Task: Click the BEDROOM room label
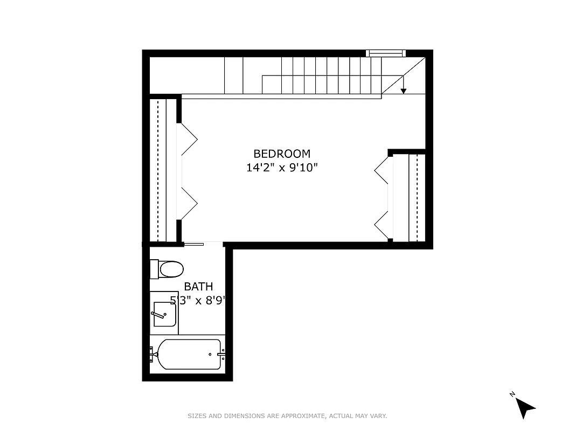282,154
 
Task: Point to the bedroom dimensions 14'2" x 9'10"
282,168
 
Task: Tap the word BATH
198,287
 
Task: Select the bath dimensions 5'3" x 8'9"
197,301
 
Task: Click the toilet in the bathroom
171,269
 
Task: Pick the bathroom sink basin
164,314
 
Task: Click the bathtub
190,354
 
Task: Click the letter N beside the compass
512,394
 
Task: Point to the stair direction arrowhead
403,91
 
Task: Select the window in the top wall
385,53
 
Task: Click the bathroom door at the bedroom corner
193,245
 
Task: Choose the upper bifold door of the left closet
189,140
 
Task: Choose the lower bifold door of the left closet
189,204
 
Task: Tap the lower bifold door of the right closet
382,225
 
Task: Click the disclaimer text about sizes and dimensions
287,416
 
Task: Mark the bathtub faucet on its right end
221,354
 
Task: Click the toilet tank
154,269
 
